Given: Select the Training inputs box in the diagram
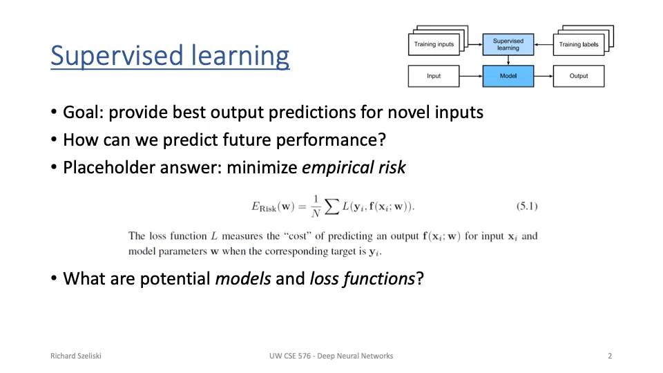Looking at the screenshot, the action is point(434,44).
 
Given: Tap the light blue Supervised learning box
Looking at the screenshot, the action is point(508,44).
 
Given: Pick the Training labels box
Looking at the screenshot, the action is point(579,44).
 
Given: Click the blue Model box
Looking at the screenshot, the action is point(508,76).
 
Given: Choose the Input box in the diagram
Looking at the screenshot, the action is point(434,76).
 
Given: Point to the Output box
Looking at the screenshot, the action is point(579,76).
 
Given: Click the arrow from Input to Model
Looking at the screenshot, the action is point(471,76).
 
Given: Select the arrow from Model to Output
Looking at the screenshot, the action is point(544,76).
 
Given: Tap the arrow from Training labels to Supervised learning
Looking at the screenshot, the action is point(544,44).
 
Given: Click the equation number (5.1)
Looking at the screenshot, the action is point(527,207).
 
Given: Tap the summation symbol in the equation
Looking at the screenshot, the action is point(332,207).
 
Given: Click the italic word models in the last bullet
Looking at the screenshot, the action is point(243,279).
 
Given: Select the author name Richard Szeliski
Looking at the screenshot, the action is point(76,356).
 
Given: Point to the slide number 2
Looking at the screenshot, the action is point(610,356).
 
